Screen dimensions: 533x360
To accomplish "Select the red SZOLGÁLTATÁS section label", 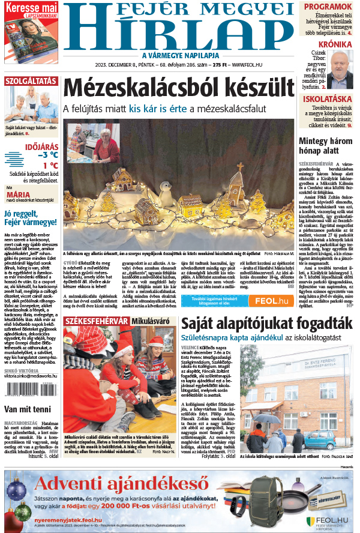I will tap(31, 81).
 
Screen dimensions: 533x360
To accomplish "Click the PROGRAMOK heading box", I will tap(328, 7).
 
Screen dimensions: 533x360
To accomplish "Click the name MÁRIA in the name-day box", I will tap(18, 194).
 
